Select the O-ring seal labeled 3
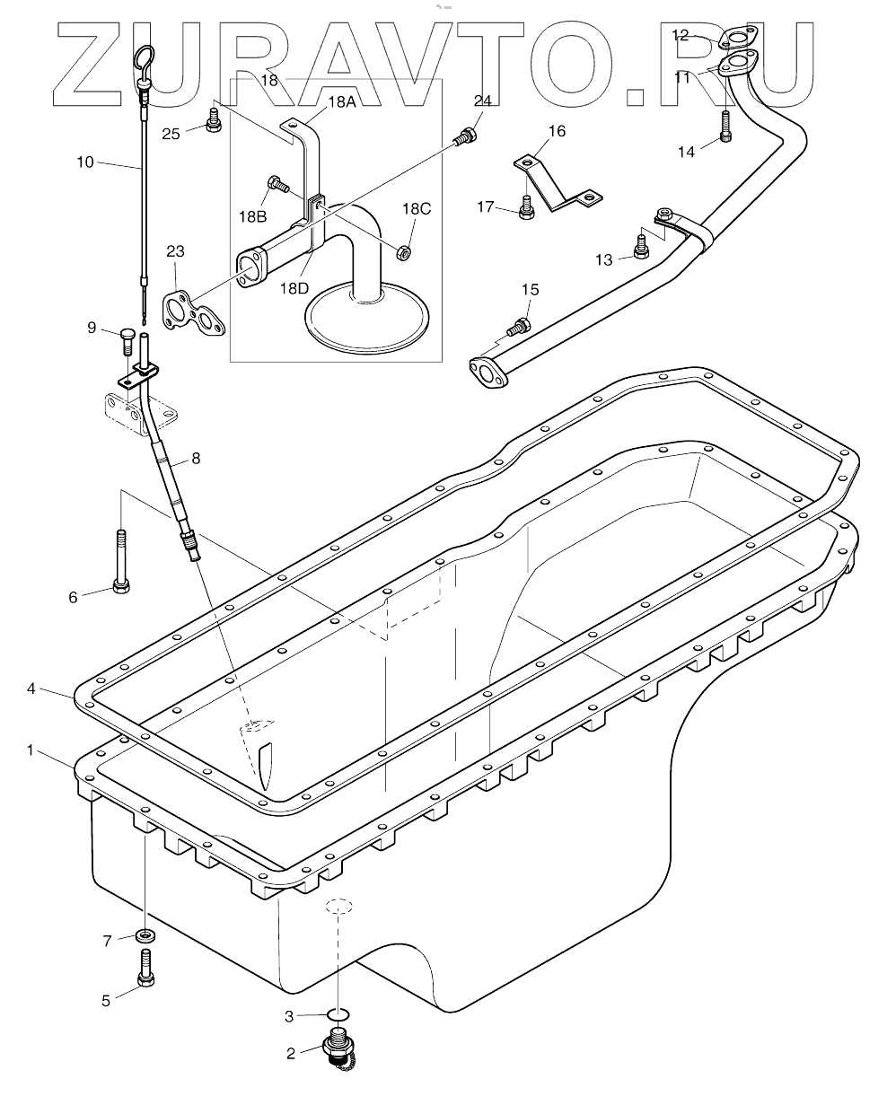337,1015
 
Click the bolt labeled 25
214,119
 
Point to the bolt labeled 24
464,138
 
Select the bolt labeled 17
527,208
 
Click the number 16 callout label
557,131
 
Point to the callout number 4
31,689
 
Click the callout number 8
196,459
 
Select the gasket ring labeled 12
735,39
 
